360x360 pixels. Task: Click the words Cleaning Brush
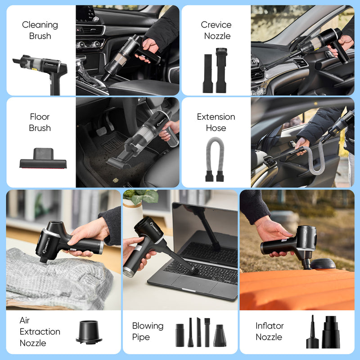40,30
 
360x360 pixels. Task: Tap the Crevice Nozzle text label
216,30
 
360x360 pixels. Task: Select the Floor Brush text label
40,122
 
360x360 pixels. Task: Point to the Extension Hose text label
216,122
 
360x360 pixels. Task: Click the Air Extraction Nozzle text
40,332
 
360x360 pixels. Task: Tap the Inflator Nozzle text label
270,332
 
